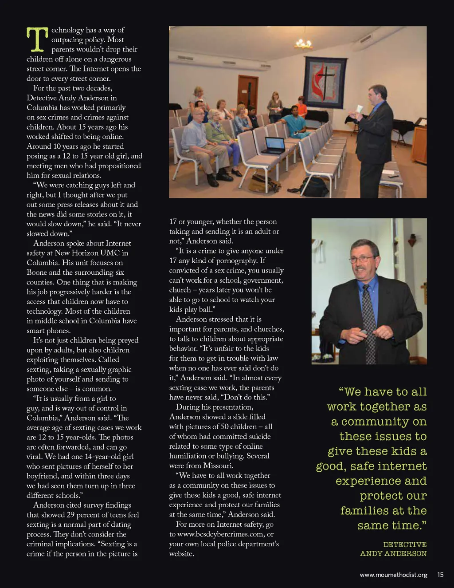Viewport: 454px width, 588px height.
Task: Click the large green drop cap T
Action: (37, 39)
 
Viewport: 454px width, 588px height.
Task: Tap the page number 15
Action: (440, 575)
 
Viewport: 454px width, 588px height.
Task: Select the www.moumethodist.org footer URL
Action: (393, 575)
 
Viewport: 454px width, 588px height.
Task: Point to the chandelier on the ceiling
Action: (303, 43)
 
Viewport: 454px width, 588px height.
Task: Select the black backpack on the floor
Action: (313, 186)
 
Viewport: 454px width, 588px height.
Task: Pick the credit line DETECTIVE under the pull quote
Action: (405, 545)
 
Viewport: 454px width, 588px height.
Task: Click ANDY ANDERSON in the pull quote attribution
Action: (393, 554)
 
